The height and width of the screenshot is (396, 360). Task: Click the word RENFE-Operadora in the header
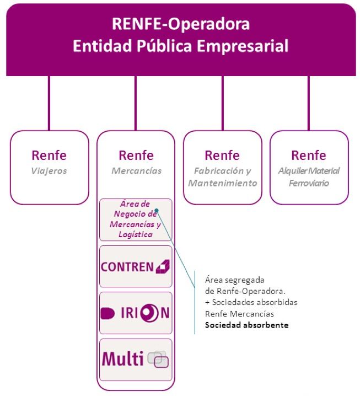tap(180, 24)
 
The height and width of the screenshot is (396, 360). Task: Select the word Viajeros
tap(49, 171)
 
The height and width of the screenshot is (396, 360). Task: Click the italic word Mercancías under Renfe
tap(136, 171)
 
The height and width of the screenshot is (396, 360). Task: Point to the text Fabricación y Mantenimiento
tap(223, 176)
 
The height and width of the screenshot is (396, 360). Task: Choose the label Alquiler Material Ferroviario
tap(309, 176)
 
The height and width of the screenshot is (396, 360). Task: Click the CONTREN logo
tap(136, 267)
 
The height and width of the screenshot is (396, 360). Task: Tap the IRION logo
tap(136, 313)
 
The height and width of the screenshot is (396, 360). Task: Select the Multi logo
tap(136, 358)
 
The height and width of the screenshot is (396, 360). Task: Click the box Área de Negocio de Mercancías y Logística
tap(136, 220)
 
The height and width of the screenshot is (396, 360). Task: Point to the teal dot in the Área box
tap(157, 210)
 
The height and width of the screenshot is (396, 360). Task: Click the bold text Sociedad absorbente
tap(246, 325)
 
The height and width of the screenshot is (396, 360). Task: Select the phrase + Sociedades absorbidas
tap(251, 302)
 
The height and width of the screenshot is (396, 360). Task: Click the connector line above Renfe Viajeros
tap(49, 103)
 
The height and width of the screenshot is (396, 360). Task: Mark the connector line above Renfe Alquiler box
tap(309, 103)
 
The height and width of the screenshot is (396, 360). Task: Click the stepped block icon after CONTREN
tap(163, 267)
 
